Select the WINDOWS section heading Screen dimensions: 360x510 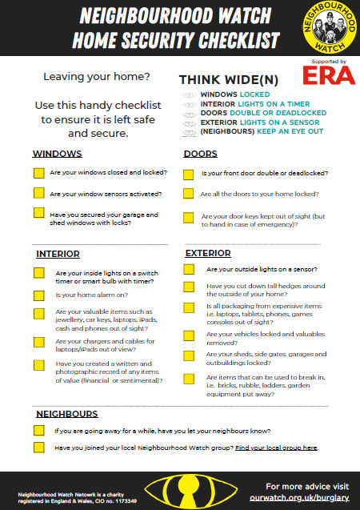click(57, 153)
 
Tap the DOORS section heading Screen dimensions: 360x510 click(200, 154)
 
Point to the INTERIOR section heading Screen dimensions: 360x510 click(58, 254)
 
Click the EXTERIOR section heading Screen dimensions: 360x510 click(208, 254)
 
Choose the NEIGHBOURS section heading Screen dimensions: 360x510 click(67, 414)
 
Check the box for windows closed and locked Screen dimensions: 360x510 click(38, 173)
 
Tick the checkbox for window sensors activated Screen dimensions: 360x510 click(38, 193)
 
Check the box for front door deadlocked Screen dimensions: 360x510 click(188, 174)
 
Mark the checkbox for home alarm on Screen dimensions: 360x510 click(38, 295)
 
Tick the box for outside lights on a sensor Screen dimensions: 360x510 click(188, 270)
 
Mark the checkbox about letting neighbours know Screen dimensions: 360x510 click(38, 431)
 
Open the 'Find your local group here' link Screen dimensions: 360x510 click(277, 448)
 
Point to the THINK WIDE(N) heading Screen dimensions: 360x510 click(228, 80)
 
